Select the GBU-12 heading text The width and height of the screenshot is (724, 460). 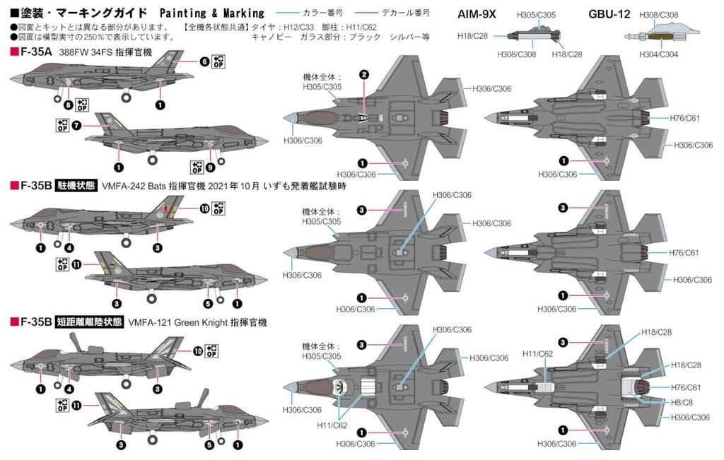coord(609,13)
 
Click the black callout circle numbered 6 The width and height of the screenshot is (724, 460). coord(204,61)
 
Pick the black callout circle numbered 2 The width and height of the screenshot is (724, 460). coord(363,75)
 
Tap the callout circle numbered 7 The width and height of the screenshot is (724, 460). coord(76,125)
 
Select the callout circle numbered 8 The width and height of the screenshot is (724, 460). coord(68,105)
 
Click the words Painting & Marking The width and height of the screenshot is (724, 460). coord(211,13)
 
